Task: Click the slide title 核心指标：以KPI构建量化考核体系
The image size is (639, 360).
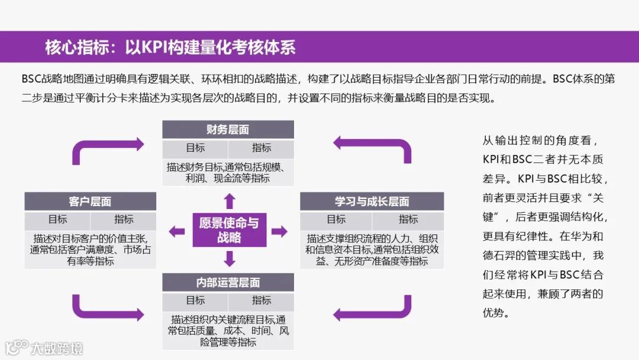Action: (170, 47)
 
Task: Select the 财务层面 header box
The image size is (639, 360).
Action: (228, 130)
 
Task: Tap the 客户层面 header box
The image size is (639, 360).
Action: (90, 201)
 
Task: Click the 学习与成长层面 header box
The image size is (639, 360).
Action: (372, 201)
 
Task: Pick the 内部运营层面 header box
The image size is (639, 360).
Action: (228, 282)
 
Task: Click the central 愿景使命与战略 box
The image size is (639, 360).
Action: (229, 230)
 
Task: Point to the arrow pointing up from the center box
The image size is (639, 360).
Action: (229, 200)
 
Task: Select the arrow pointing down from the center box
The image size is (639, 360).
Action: (229, 258)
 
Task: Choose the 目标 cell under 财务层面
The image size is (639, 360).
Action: (195, 148)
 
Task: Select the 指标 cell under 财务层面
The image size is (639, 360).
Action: (261, 148)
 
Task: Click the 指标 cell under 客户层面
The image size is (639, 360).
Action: (124, 220)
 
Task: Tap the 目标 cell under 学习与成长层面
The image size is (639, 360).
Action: (336, 220)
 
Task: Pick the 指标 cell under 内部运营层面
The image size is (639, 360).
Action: (261, 301)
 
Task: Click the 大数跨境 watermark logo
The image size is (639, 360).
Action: (44, 347)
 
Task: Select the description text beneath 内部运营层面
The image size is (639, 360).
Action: (228, 330)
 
